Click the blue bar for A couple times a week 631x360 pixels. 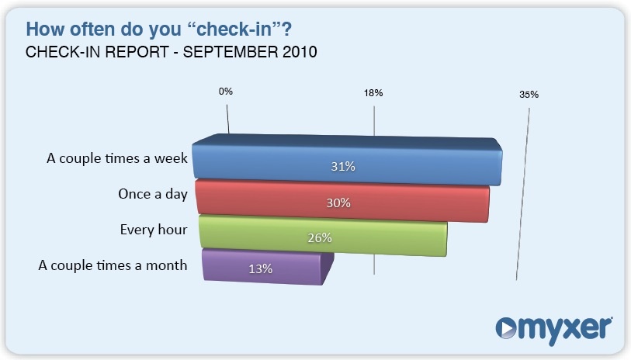point(347,160)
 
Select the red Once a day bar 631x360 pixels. point(343,201)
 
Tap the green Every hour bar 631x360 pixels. point(323,236)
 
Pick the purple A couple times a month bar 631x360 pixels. point(268,267)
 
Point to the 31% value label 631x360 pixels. point(343,166)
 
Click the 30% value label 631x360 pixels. point(338,202)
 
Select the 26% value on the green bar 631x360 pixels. point(320,237)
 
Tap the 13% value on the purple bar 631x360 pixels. point(260,268)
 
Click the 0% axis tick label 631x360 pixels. point(226,92)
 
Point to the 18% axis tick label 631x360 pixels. point(373,93)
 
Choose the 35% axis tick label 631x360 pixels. point(529,95)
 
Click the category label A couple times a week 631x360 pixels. point(117,158)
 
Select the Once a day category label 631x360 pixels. point(153,194)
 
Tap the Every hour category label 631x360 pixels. point(154,230)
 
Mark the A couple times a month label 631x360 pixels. point(113,265)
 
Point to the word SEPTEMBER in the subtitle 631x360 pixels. point(231,52)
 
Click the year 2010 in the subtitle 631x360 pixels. point(300,52)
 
